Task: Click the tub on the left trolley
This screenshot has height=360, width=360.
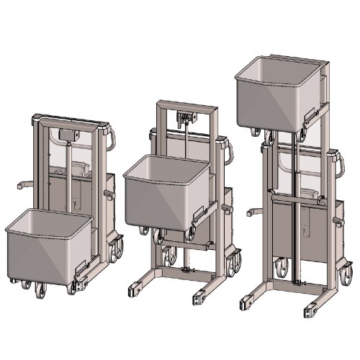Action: coord(48,245)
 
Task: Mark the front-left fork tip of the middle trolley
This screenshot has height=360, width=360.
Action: coord(135,291)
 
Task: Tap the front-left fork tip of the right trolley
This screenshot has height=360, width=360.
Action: coord(248,296)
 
